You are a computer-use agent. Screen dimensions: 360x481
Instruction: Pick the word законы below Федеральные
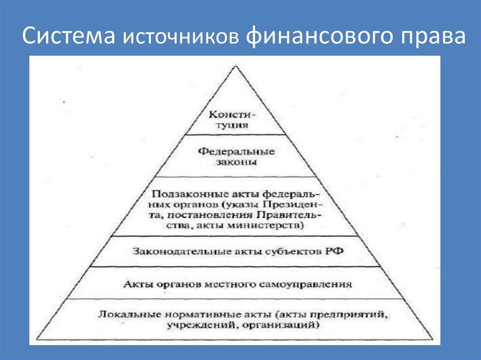(x=236, y=163)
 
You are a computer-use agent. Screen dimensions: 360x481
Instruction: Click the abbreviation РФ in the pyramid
(x=331, y=251)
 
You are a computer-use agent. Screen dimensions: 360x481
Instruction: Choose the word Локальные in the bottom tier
(x=122, y=313)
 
